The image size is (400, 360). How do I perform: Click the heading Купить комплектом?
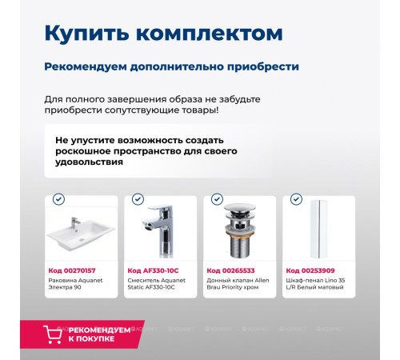162,34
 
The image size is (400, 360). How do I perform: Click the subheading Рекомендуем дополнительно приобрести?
171,66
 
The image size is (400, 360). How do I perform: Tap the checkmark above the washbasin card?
58,199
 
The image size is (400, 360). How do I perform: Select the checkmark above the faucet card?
138,199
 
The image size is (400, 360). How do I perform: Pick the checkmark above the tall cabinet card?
296,199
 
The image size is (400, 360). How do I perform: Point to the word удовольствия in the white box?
90,162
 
